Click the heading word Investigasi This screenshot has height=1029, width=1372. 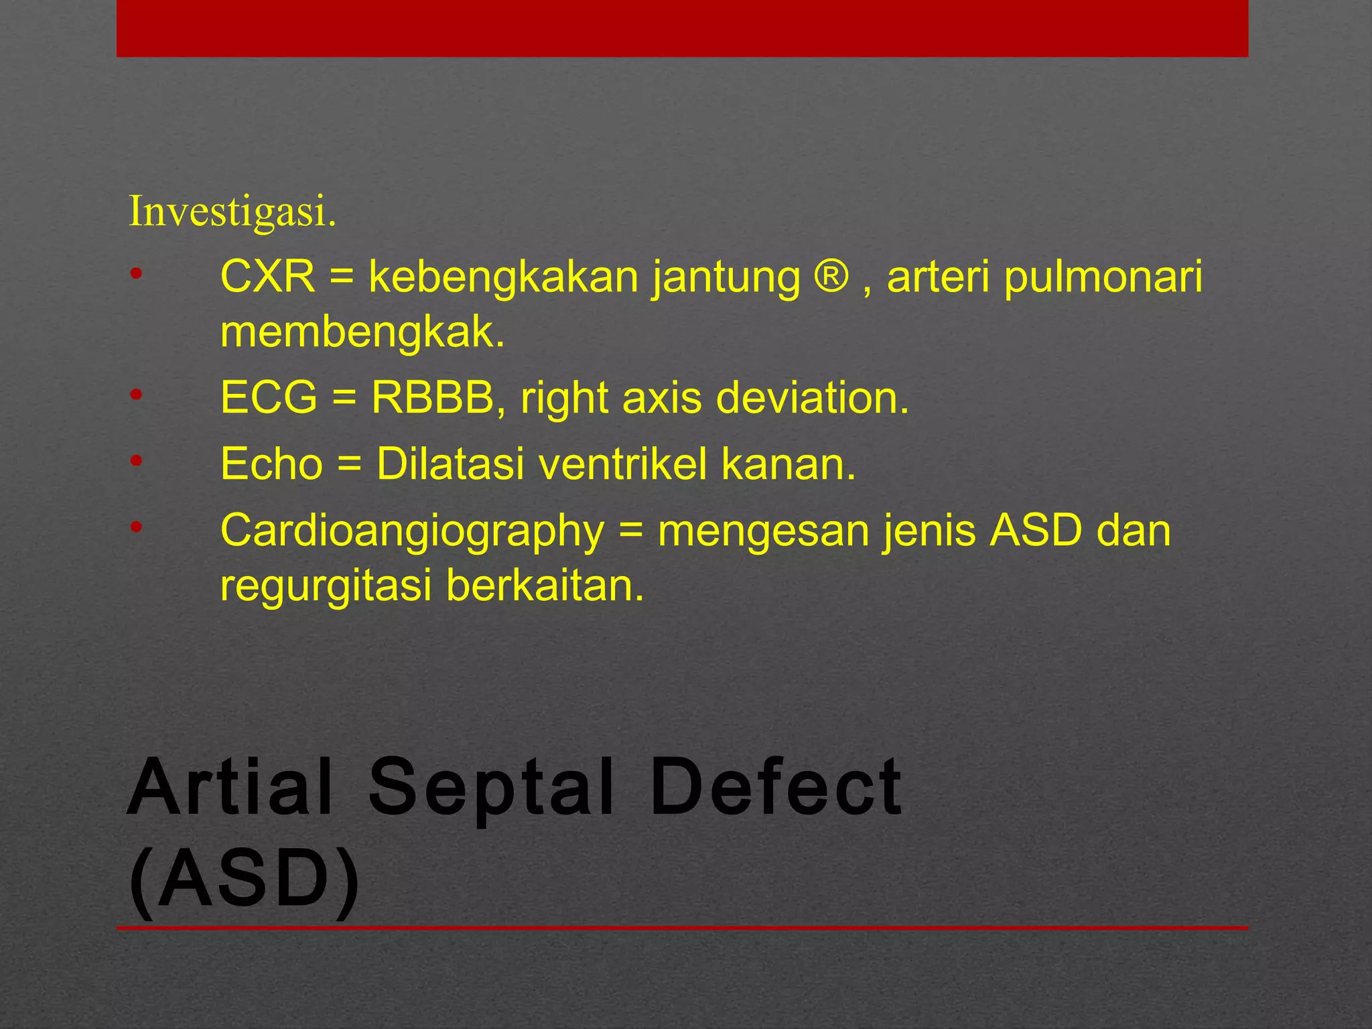coord(232,212)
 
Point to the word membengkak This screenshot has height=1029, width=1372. coord(362,333)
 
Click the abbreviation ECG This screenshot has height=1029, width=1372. coord(268,398)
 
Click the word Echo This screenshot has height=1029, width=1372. coord(271,464)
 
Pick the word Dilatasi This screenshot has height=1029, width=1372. coord(450,464)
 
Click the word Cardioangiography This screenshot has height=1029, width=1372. coord(412,531)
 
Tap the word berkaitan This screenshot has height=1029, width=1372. coord(545,585)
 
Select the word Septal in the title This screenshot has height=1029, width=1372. coord(491,788)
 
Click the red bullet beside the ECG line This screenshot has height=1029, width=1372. coord(136,395)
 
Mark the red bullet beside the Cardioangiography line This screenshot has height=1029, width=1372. coord(136,527)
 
